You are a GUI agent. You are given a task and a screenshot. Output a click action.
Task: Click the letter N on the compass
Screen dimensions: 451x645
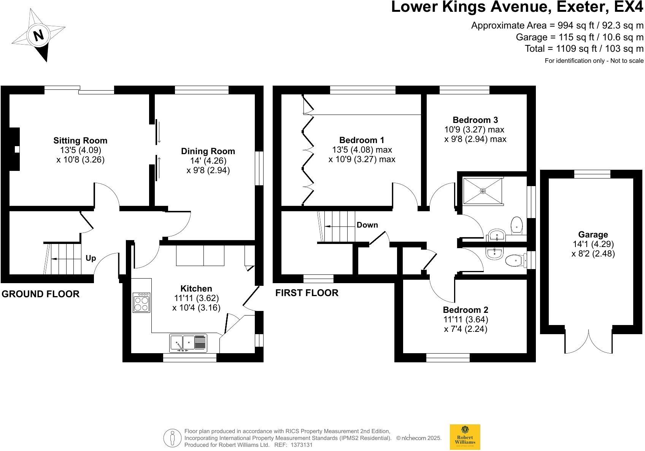coord(38,35)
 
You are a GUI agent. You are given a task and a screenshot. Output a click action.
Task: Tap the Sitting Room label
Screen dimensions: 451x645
coord(80,140)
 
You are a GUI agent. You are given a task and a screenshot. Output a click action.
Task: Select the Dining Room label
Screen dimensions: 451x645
coord(208,151)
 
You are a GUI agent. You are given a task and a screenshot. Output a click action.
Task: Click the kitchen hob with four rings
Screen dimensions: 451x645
coord(141,303)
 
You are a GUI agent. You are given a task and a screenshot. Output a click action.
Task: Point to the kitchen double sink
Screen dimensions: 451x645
coord(188,343)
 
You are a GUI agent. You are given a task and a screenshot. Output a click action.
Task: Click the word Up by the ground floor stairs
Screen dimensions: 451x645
coord(91,258)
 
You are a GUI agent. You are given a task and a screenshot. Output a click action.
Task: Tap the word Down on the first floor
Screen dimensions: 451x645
coord(367,225)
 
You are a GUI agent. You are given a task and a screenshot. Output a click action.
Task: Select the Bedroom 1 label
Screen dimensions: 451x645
coord(362,140)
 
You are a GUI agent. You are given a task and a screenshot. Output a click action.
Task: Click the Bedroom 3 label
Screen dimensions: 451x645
coord(475,120)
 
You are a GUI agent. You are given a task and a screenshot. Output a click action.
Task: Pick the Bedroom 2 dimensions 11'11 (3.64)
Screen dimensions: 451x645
coord(465,319)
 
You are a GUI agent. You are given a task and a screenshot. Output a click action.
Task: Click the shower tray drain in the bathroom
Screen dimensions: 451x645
coord(483,191)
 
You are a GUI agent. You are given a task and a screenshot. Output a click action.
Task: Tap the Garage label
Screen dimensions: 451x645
coord(593,234)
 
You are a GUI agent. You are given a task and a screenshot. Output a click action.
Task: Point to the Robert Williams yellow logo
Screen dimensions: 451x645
coord(465,437)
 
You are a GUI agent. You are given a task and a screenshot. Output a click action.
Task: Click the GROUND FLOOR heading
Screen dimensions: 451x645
coord(41,294)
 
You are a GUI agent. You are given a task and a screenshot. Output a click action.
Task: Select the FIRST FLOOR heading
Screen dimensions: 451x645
coord(307,293)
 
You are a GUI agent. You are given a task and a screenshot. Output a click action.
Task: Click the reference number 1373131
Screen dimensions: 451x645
coord(301,445)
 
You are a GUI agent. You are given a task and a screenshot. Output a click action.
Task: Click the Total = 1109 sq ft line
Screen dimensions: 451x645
coord(584,49)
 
